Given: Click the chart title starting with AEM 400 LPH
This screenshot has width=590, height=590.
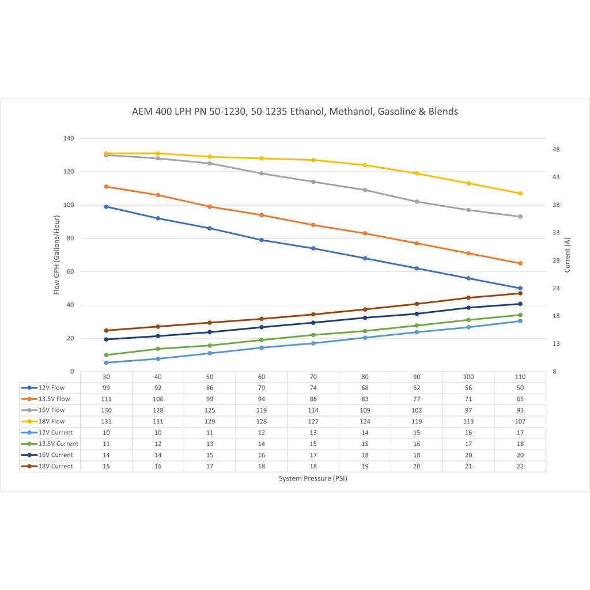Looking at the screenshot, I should pos(295,111).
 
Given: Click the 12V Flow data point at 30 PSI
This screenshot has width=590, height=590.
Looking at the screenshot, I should pos(107,207).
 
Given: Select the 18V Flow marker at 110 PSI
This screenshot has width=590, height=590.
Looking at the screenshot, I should pos(520,194).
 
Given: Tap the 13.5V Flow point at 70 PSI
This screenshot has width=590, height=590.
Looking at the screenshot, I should pos(313,225).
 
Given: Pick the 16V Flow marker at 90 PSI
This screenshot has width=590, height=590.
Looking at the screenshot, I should pos(417,202).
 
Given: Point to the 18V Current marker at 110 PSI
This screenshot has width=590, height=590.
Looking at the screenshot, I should pos(520,293).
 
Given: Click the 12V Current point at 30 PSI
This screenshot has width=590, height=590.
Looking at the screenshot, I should pos(107,362).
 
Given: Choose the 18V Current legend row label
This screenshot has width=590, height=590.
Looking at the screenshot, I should pos(55,466).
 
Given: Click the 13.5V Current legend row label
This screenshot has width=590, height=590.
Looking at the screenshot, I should pos(57,444).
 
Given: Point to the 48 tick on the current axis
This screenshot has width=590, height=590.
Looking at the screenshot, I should pos(556,150).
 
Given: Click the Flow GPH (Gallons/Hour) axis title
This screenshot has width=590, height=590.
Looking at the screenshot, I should pos(57,255).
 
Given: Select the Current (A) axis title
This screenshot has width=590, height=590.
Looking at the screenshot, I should pos(568,255).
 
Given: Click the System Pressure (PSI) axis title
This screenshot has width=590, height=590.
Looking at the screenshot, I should pos(313,479).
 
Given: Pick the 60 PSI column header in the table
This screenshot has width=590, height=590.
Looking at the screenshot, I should pos(262,377).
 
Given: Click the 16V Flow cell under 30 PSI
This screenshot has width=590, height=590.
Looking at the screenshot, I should pos(107,410).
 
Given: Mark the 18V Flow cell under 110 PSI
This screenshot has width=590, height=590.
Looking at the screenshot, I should pos(520,421).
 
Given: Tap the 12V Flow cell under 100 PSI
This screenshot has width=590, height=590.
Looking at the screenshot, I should pos(468,388).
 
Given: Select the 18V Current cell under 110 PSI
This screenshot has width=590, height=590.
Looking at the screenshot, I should pos(520,466).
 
